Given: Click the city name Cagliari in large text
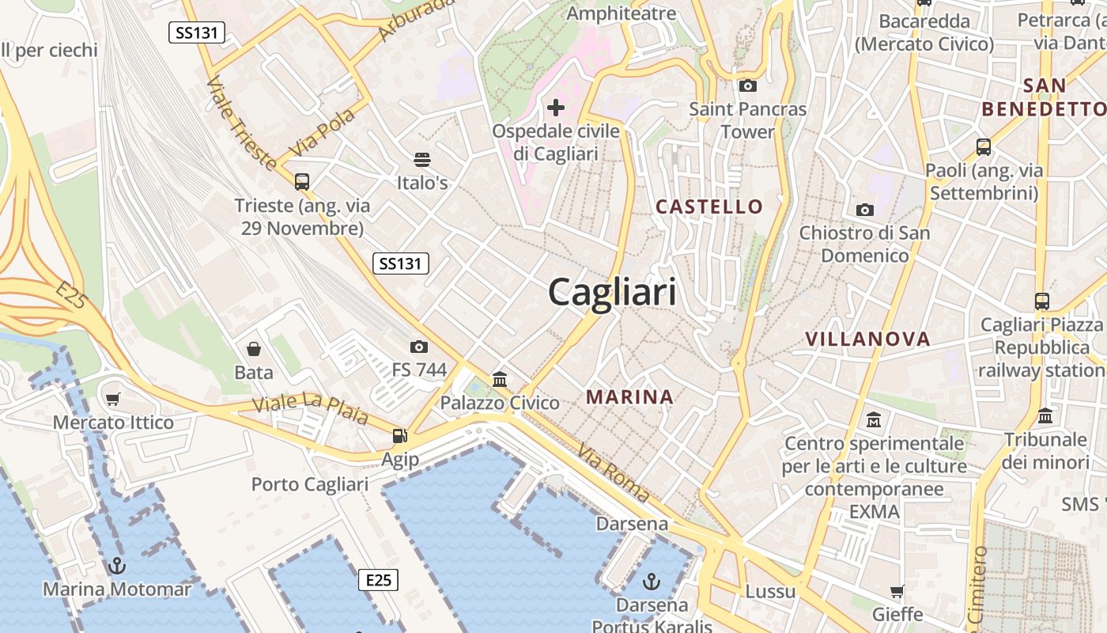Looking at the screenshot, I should (x=612, y=292).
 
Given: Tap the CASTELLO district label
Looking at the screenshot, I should (x=709, y=207).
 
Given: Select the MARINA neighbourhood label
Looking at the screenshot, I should (x=629, y=396).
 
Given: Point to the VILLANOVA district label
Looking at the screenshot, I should (x=867, y=339).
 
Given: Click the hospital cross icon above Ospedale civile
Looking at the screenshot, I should (x=556, y=107).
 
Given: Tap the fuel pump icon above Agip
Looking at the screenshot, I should (x=400, y=435).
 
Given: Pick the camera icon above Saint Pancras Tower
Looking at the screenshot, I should (x=747, y=85).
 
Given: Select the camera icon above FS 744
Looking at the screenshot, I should (x=419, y=347).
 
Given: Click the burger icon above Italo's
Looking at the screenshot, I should (x=422, y=160).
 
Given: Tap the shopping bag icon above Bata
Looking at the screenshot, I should (x=254, y=349).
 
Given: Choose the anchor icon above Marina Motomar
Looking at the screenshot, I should (x=117, y=566).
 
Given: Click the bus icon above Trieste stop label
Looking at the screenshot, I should (x=302, y=181).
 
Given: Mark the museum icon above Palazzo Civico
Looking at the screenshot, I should (x=500, y=380).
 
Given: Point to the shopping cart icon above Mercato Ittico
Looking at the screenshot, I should (x=113, y=399).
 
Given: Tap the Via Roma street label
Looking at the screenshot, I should (x=614, y=473).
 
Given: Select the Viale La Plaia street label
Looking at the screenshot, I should (x=310, y=407).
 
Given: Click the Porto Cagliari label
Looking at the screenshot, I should (x=309, y=484).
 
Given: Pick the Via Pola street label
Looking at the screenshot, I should (x=323, y=133).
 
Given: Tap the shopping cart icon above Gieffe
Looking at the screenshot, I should (x=897, y=591).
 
